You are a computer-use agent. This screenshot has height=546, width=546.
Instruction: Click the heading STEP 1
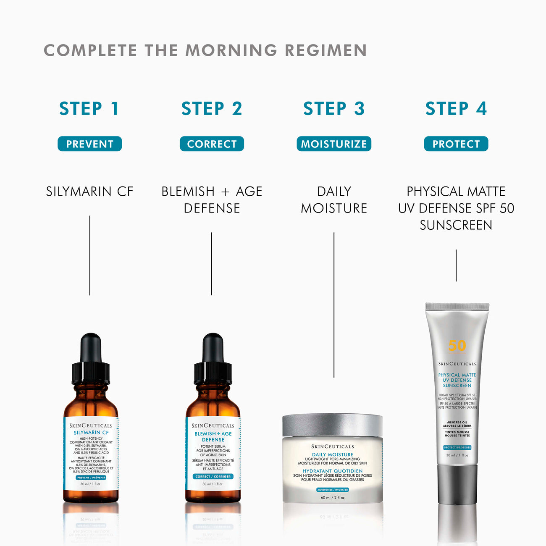point(89,108)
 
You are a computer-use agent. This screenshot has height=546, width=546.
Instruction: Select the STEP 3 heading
point(334,108)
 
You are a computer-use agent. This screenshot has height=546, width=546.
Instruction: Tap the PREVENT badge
point(89,144)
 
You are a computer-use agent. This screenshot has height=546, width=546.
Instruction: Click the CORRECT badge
point(212,144)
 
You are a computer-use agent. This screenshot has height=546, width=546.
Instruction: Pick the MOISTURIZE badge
point(334,144)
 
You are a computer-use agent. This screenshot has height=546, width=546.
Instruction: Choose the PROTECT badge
point(456,144)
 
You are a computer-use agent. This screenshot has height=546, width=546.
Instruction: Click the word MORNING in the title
point(231,50)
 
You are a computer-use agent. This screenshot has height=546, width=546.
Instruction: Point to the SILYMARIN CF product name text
point(89,192)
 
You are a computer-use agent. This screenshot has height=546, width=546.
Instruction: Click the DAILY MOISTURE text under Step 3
point(334,200)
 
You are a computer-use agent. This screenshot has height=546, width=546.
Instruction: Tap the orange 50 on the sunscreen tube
point(457,346)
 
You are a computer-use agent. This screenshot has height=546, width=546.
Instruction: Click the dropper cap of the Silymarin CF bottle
point(91,359)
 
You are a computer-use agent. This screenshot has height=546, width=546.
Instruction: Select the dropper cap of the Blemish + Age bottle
point(213,359)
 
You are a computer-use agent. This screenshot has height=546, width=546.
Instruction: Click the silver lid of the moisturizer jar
point(333,425)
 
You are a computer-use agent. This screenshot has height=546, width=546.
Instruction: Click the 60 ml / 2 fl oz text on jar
point(333,498)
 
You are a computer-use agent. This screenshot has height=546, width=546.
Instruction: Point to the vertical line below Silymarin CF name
point(89,255)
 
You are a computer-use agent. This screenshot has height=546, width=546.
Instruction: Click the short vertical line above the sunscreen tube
point(456,265)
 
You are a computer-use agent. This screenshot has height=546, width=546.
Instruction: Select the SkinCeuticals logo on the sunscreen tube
point(457,364)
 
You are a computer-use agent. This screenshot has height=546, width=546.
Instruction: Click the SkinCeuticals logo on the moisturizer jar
point(333,446)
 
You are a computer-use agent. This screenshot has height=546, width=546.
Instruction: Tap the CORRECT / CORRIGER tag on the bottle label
point(213,476)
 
